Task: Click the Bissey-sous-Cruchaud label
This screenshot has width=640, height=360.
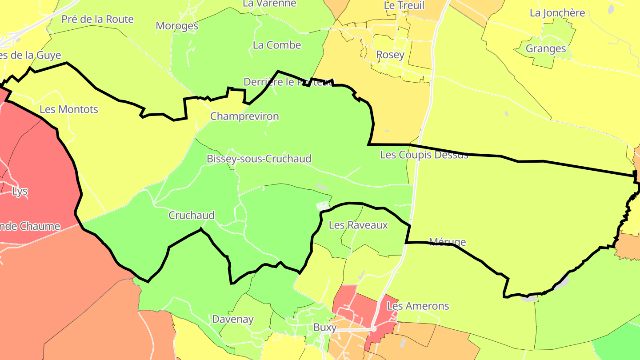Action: click(x=259, y=159)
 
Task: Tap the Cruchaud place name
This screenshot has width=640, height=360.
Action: click(x=192, y=216)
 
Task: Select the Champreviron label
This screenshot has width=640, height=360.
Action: click(x=244, y=116)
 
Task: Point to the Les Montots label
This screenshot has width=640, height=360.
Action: click(x=69, y=109)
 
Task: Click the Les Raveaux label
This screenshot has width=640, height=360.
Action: click(x=358, y=225)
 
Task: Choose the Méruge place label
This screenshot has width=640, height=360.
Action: click(x=448, y=242)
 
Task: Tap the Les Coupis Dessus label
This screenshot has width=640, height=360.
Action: click(x=424, y=155)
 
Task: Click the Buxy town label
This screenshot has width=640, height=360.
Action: click(x=325, y=328)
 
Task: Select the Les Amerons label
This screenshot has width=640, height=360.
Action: click(x=418, y=306)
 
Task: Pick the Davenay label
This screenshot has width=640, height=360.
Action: click(x=233, y=319)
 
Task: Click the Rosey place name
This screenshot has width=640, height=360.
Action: click(x=390, y=55)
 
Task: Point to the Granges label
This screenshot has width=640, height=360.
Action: click(x=546, y=49)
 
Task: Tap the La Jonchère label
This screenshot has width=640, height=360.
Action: click(x=557, y=13)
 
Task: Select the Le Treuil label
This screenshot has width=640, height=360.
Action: click(x=404, y=6)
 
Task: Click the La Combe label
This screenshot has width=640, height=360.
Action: click(x=277, y=45)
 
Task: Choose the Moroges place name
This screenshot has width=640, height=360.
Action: click(x=177, y=26)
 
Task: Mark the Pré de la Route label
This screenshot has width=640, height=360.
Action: click(x=97, y=19)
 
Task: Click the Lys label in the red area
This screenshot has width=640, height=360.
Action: click(x=20, y=192)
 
